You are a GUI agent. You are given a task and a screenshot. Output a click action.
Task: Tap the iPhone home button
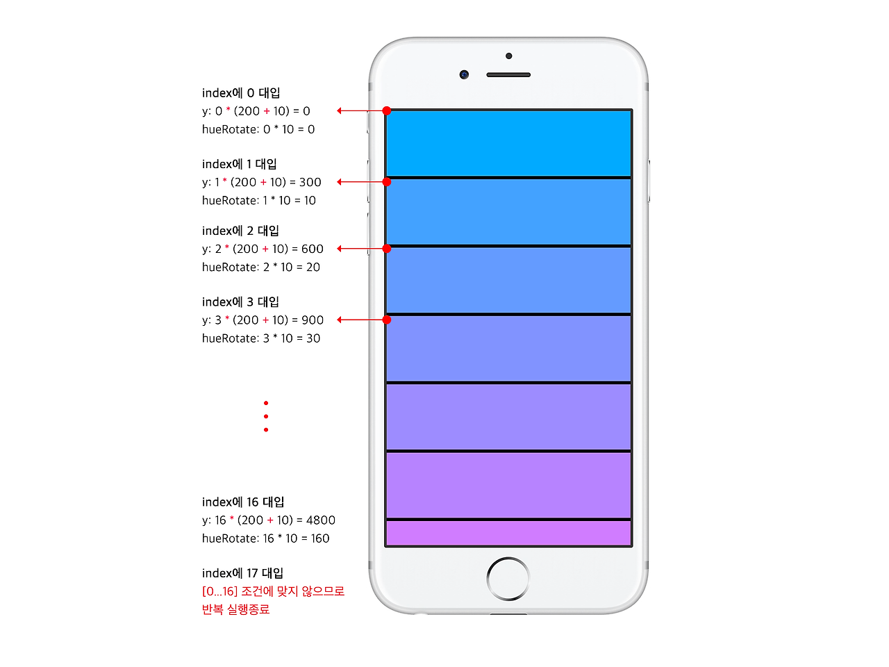click(x=508, y=578)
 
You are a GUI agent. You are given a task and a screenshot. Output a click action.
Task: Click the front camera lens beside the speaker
click(x=464, y=74)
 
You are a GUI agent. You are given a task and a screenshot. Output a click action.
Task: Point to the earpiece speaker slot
click(x=508, y=74)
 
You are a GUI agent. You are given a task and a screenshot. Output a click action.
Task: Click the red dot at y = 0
click(x=387, y=110)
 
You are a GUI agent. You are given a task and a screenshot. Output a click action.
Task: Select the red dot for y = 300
click(x=387, y=182)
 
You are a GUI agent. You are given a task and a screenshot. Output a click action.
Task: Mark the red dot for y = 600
click(x=387, y=249)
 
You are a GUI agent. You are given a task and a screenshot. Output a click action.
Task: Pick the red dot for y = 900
click(x=387, y=320)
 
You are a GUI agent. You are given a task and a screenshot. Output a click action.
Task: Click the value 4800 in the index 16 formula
click(x=321, y=520)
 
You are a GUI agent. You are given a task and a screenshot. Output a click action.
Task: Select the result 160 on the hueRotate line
click(x=320, y=538)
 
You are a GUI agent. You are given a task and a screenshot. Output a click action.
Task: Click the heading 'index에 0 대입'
click(x=241, y=93)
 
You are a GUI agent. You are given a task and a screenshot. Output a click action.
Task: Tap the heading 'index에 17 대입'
click(x=242, y=573)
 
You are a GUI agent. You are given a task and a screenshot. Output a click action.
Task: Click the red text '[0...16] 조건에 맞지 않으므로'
click(x=273, y=591)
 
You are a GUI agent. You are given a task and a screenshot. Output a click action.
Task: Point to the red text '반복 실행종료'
click(x=235, y=609)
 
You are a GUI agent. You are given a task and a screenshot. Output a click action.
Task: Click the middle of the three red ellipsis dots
click(x=266, y=416)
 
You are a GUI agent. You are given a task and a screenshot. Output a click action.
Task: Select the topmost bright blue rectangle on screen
click(x=508, y=143)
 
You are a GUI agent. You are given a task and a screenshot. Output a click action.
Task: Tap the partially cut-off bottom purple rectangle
click(x=508, y=533)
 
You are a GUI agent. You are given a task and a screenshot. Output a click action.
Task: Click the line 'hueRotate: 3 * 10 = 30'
click(x=261, y=338)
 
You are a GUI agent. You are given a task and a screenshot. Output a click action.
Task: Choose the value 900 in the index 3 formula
click(x=313, y=320)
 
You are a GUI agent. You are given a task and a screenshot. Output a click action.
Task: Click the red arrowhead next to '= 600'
click(x=340, y=249)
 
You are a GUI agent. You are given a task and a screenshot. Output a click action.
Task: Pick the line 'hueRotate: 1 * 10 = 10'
click(x=259, y=201)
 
